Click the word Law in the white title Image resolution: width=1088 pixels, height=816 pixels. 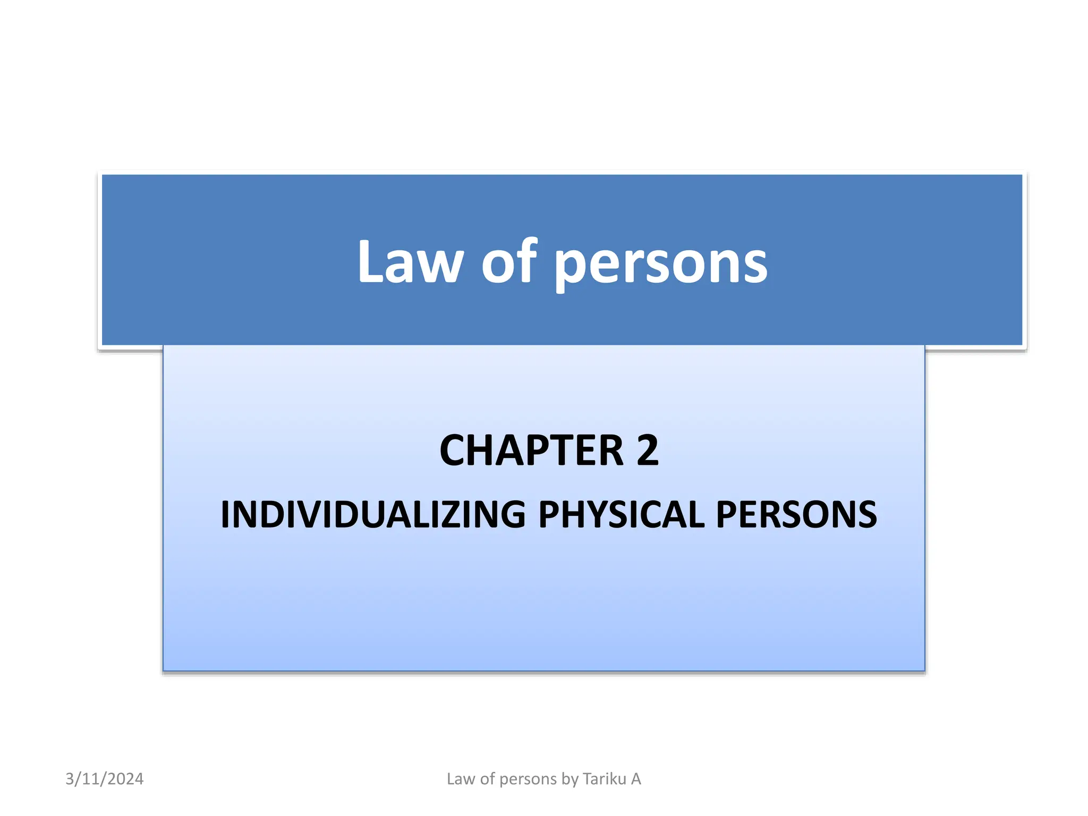(x=410, y=262)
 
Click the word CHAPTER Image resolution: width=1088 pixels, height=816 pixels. (x=531, y=450)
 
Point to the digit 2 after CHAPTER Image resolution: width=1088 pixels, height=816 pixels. (x=647, y=450)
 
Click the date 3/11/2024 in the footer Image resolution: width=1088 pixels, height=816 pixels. (x=105, y=779)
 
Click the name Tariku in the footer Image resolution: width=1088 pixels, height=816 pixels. (x=604, y=779)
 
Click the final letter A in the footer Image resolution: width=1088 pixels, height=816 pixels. (x=636, y=779)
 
